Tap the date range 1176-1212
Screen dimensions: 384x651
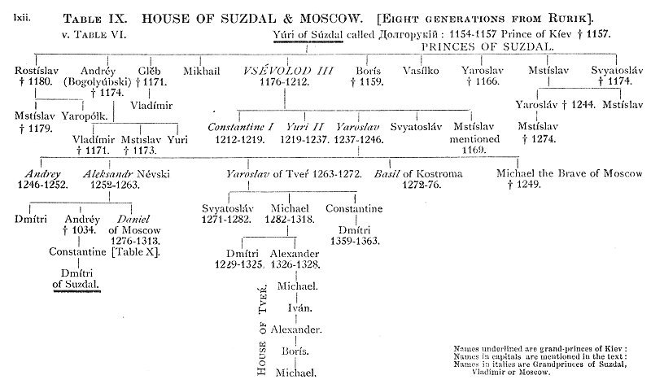pyautogui.click(x=275, y=82)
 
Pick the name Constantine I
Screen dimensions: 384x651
pyautogui.click(x=240, y=127)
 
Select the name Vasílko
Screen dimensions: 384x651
pyautogui.click(x=420, y=72)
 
